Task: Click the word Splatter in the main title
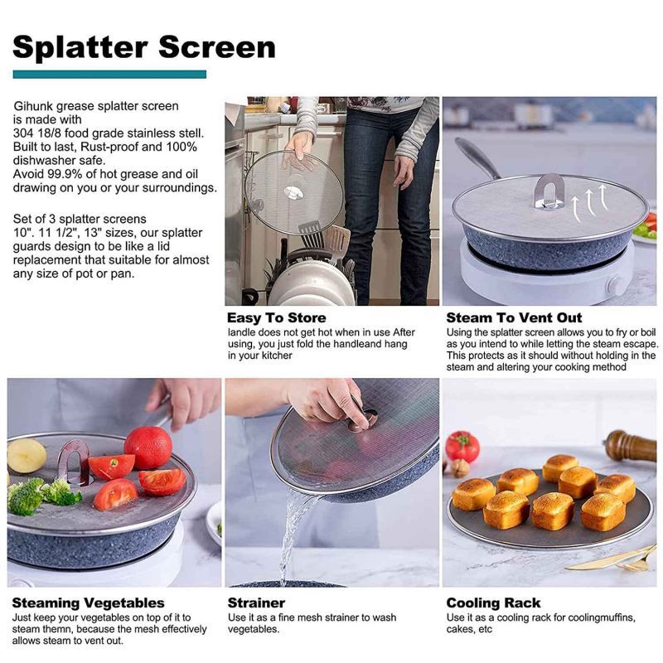click(x=80, y=47)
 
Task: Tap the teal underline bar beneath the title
click(x=109, y=75)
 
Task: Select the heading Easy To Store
click(x=277, y=318)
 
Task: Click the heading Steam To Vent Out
click(x=514, y=318)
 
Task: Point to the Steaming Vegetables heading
click(x=89, y=603)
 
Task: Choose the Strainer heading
click(x=256, y=603)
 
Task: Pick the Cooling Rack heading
click(x=493, y=603)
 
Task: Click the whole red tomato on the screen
click(x=148, y=448)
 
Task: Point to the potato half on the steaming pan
click(x=27, y=456)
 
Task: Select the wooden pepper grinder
click(x=631, y=446)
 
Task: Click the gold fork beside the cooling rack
click(x=613, y=559)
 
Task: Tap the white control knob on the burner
click(x=614, y=287)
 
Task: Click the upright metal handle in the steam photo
click(x=549, y=191)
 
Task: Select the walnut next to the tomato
click(x=460, y=468)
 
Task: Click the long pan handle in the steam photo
click(x=477, y=157)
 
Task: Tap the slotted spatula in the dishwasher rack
click(x=312, y=235)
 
